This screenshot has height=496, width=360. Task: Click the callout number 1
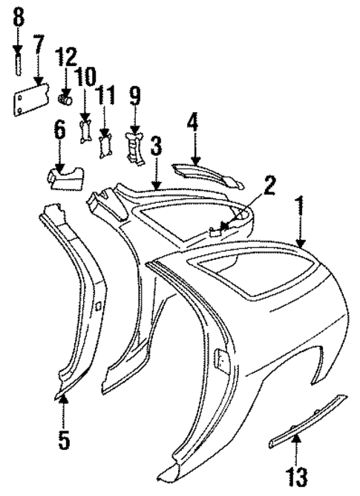301,206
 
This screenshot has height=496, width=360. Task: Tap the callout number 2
269,185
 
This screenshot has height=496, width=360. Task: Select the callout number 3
156,146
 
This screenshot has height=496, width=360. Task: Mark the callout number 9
134,96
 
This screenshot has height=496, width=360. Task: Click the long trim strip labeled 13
306,422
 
